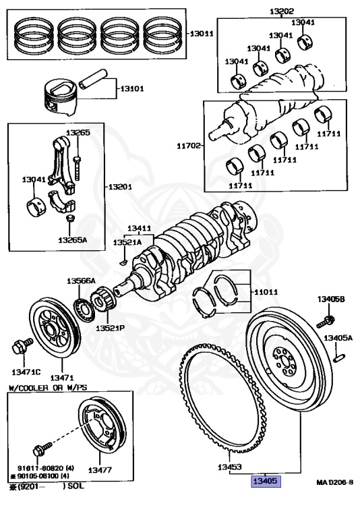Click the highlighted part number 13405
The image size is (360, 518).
[x=266, y=481]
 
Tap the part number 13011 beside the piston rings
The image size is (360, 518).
[x=202, y=33]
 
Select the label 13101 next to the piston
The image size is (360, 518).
[x=131, y=88]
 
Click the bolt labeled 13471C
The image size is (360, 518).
[x=22, y=345]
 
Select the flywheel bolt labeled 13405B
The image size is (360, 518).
[x=326, y=322]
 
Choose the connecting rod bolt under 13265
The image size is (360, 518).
[x=78, y=168]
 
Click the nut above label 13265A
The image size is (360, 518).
[x=70, y=218]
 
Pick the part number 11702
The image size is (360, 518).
[x=189, y=146]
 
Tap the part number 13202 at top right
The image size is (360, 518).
[x=282, y=11]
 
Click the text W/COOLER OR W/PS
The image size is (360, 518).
[x=48, y=388]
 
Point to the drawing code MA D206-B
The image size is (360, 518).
[x=335, y=482]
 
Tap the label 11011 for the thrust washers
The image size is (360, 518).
[x=266, y=292]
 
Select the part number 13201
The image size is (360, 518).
[x=120, y=187]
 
